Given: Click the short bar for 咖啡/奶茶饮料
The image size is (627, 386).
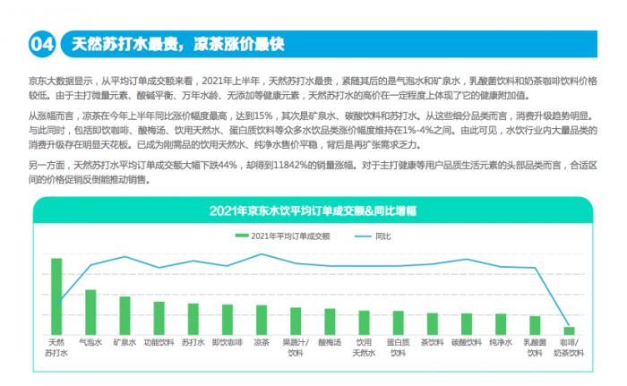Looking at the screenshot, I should click(568, 330).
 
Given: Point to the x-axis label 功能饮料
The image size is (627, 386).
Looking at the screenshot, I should click(159, 342).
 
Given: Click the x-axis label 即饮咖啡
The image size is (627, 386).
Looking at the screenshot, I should click(227, 342).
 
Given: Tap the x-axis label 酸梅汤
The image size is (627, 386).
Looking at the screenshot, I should click(330, 342).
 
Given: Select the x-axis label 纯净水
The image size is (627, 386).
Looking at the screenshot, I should click(501, 342).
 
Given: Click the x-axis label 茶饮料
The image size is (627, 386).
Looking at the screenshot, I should click(433, 342).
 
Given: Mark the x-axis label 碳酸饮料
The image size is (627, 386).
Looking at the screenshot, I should click(467, 342).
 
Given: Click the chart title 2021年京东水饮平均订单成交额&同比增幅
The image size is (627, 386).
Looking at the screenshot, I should click(313, 211).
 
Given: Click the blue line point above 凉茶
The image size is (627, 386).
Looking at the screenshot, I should click(262, 254).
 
